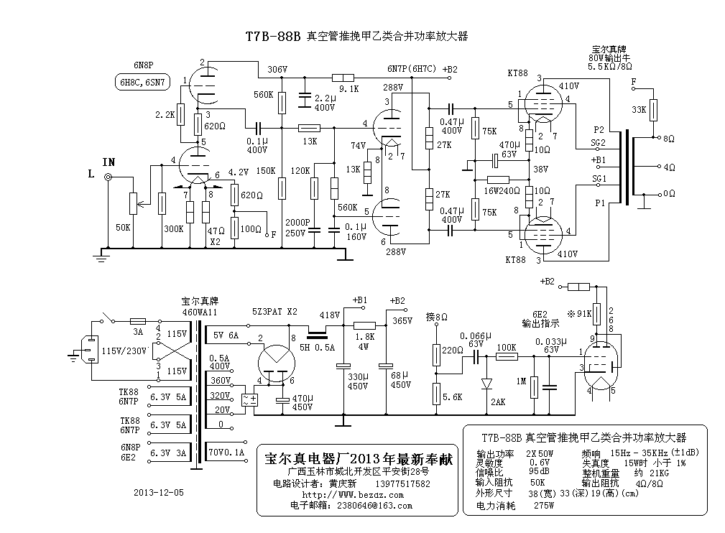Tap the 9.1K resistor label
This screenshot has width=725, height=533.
pyautogui.click(x=349, y=89)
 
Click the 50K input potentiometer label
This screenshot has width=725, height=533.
pyautogui.click(x=123, y=228)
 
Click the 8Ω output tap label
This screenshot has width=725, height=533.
pyautogui.click(x=668, y=139)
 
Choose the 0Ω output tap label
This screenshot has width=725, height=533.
pyautogui.click(x=668, y=194)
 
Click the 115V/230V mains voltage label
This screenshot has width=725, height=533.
pyautogui.click(x=123, y=351)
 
